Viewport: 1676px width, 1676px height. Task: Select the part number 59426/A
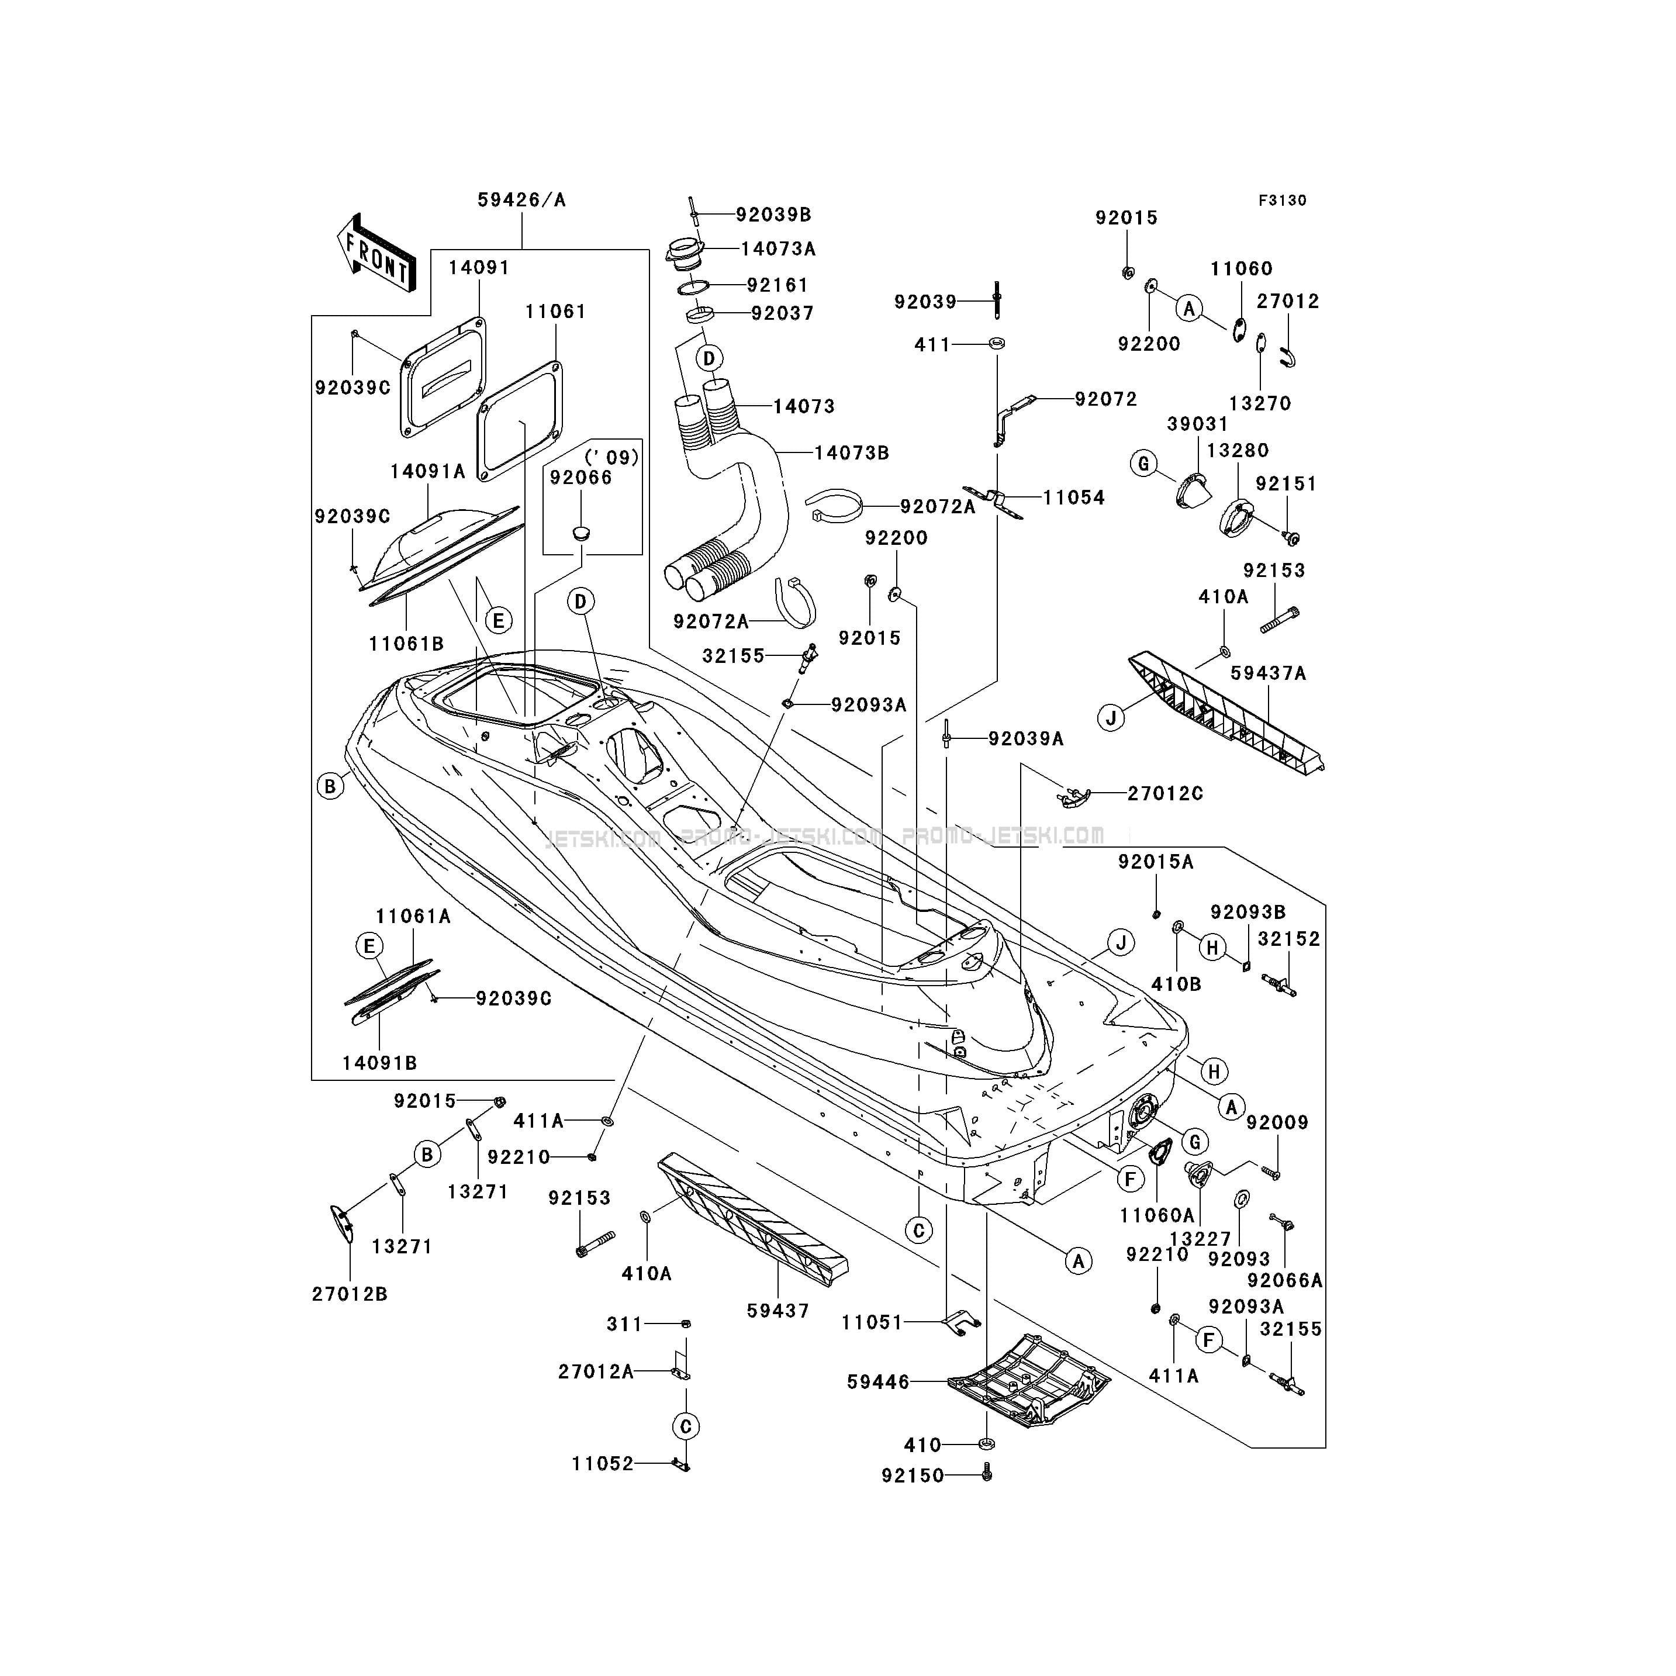tap(521, 201)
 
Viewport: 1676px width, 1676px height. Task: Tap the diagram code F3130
tap(1282, 201)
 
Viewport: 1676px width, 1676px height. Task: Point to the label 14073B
tap(851, 453)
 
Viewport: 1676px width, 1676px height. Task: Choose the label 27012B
tap(350, 1318)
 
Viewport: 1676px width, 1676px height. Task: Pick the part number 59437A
tap(1269, 673)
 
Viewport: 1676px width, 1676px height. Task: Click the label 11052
tap(602, 1488)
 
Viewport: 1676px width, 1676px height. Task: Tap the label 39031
tap(1197, 424)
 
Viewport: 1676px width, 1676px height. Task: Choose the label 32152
tap(1289, 939)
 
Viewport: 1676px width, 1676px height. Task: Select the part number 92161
tap(777, 285)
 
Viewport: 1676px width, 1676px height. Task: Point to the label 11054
tap(1074, 498)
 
